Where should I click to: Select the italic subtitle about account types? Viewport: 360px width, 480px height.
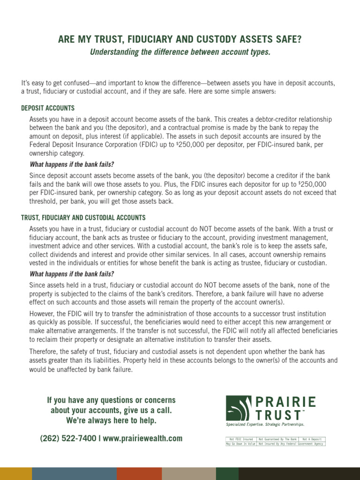(180, 52)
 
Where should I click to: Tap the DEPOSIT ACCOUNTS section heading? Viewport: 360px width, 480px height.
(48, 108)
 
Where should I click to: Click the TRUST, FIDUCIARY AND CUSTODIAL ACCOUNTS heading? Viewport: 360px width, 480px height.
(83, 218)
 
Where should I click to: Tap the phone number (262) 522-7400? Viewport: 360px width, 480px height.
(68, 439)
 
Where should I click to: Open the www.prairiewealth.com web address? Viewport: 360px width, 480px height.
(142, 439)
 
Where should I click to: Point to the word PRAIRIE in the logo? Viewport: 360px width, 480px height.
(286, 402)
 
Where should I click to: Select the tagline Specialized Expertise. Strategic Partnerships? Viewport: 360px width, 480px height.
(265, 424)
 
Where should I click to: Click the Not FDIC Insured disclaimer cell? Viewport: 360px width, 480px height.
(241, 439)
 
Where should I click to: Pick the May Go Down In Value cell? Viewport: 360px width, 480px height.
(241, 443)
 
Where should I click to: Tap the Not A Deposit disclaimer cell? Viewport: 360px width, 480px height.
(311, 439)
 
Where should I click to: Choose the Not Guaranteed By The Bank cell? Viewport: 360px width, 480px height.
(277, 439)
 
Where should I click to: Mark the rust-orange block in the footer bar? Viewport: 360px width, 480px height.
(139, 473)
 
